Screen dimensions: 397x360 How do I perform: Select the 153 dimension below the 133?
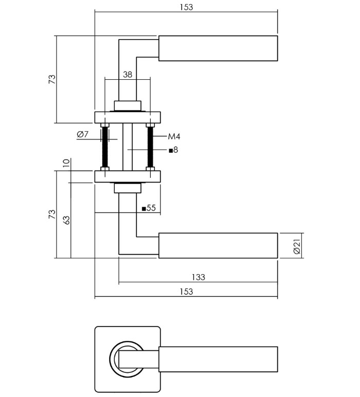[187, 292]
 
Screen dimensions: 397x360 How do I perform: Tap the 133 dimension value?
[198, 277]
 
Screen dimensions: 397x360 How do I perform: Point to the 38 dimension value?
[128, 75]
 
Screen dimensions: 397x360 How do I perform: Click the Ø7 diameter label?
[83, 135]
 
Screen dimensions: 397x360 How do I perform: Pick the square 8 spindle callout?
[173, 150]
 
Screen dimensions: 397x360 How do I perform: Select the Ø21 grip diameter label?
[297, 246]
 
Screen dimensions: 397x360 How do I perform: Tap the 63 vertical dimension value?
[66, 221]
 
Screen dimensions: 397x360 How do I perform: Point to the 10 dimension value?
[66, 164]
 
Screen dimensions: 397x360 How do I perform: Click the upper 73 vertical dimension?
[51, 80]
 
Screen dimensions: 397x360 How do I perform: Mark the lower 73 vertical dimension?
[51, 214]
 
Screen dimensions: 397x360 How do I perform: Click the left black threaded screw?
[105, 146]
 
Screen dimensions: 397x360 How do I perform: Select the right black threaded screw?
[150, 146]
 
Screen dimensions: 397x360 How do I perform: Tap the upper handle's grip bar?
[218, 48]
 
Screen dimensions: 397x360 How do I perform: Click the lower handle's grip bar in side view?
[218, 245]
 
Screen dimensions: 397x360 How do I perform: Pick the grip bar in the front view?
[218, 359]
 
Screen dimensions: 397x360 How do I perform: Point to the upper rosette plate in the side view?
[127, 117]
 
